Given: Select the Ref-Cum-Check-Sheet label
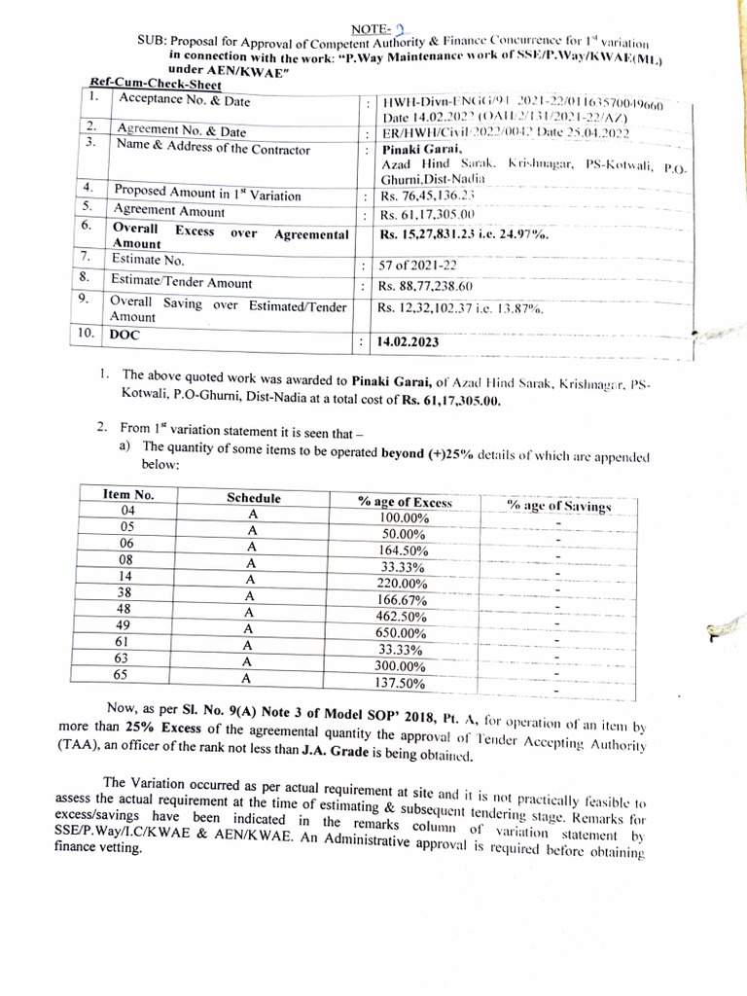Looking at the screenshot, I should tap(156, 85).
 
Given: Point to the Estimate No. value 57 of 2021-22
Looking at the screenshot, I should tap(418, 266).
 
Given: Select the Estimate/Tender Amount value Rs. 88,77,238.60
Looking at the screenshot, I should tap(425, 286).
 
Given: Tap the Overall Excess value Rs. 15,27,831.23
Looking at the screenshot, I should tap(463, 235).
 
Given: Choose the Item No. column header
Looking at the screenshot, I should tap(128, 495).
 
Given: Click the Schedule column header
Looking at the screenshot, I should tap(253, 498).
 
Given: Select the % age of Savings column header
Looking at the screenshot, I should tap(558, 506).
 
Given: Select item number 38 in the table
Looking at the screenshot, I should tap(125, 591).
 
